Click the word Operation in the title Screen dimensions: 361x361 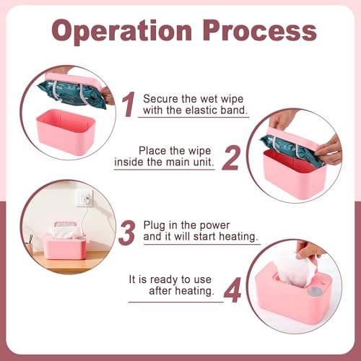[122, 32]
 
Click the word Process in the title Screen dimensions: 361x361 [260, 30]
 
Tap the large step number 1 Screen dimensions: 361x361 [129, 105]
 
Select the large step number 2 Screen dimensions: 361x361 [231, 158]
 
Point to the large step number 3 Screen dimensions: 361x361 [127, 232]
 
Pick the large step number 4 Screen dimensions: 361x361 [232, 290]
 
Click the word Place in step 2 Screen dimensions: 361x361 [152, 151]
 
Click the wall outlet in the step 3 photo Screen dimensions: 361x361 [84, 199]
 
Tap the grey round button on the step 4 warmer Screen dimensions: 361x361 [315, 292]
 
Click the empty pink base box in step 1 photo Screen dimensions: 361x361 [66, 131]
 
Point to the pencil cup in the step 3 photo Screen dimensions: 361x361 [30, 247]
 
